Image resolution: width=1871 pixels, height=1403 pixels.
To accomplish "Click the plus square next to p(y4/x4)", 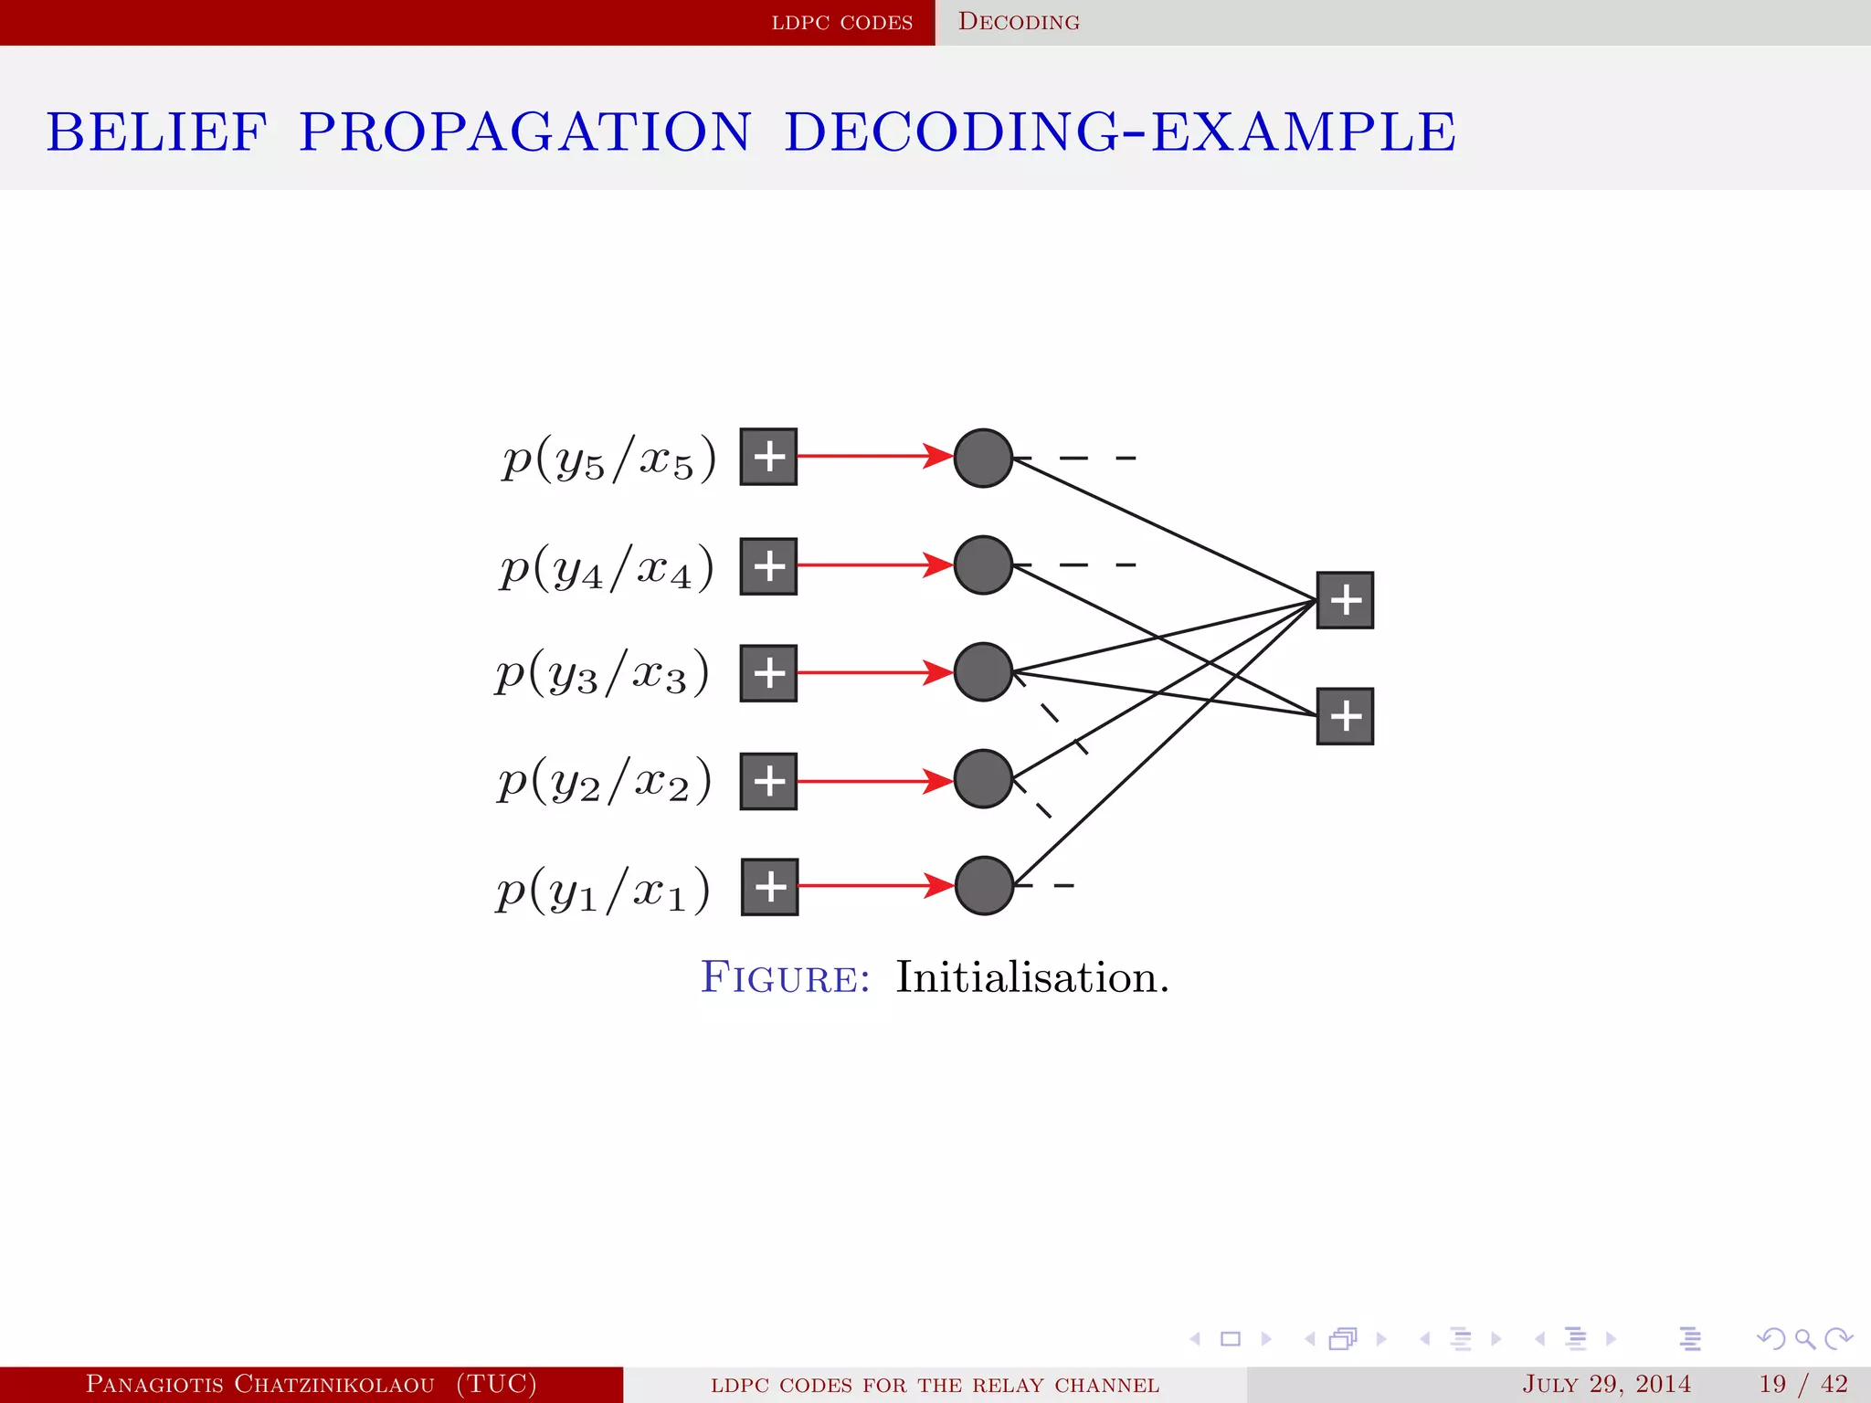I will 768,566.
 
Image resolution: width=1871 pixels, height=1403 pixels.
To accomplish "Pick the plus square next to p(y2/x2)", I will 768,781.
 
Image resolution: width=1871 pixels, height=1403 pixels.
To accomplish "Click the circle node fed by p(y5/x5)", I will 983,458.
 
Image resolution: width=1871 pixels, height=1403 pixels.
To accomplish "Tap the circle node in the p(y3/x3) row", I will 983,672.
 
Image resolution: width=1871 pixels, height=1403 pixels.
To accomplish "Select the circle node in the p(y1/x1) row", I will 984,885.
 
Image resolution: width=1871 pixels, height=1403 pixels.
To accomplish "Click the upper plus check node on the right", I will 1345,600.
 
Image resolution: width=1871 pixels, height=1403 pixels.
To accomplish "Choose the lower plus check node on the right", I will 1345,716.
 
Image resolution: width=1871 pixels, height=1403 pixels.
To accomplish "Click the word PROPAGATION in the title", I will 525,132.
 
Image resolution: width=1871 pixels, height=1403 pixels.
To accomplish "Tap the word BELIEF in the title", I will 156,132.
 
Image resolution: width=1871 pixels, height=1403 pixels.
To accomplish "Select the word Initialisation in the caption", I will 1031,977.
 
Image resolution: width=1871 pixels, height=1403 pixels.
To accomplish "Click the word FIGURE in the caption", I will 785,978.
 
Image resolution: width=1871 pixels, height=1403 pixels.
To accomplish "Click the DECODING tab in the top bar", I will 1019,22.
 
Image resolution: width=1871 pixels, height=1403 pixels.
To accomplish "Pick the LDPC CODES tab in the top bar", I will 841,22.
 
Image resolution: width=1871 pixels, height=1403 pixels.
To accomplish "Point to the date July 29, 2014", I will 1606,1384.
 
